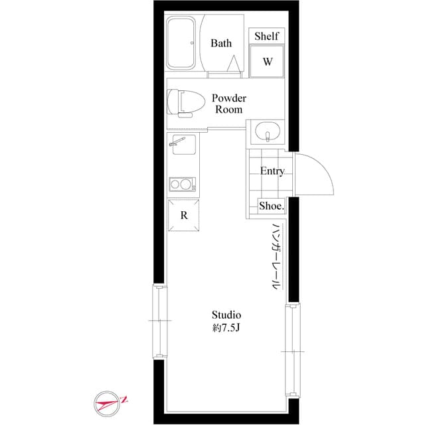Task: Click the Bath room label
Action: tap(221, 43)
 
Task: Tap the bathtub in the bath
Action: tap(181, 42)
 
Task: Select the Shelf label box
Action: tap(267, 37)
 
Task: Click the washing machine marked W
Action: tap(267, 62)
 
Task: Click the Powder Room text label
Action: tap(228, 104)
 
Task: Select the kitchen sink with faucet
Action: tap(182, 144)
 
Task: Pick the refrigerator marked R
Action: tap(184, 215)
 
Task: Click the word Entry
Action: tap(272, 171)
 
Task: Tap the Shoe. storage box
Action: tap(271, 207)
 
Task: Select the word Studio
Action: tap(226, 314)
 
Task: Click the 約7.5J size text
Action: tap(226, 327)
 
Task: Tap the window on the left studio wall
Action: tap(158, 321)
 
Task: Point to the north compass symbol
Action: tap(111, 402)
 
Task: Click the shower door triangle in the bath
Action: tap(234, 63)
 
